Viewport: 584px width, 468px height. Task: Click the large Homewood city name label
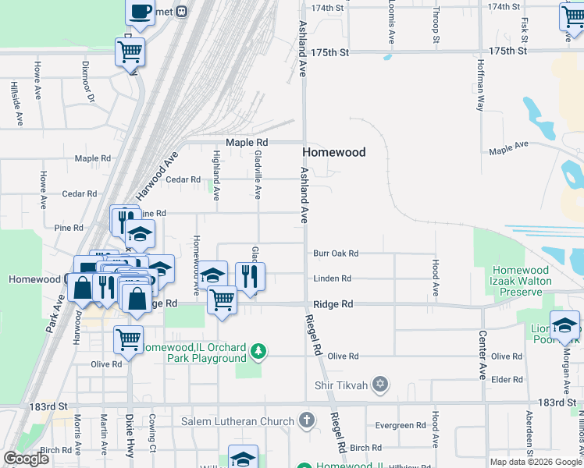click(333, 152)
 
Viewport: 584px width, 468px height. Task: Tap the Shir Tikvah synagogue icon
click(380, 383)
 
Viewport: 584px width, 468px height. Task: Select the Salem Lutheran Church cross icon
click(307, 420)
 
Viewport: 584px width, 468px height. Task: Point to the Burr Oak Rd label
click(335, 253)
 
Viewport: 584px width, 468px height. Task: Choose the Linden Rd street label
click(332, 278)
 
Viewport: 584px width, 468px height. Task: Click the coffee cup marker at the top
click(141, 12)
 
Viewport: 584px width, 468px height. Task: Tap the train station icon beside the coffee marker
click(182, 11)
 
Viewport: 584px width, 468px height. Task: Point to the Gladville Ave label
click(258, 175)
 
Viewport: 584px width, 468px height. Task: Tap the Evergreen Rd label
click(399, 426)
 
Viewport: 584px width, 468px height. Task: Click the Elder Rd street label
click(507, 380)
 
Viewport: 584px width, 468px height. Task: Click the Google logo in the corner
click(26, 458)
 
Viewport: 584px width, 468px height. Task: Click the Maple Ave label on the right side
click(509, 145)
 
